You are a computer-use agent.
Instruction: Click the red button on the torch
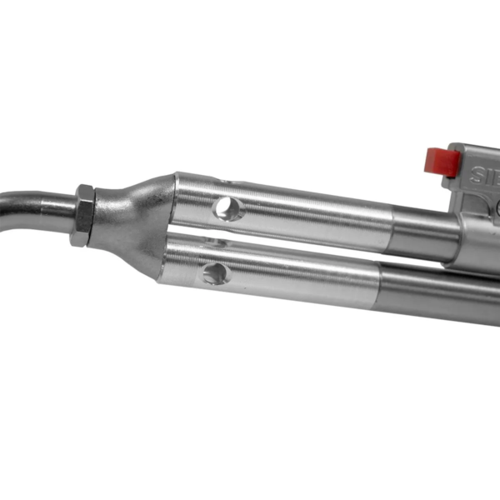point(442,161)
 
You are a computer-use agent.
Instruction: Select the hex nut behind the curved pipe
point(83,215)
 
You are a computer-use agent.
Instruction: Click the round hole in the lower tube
point(215,272)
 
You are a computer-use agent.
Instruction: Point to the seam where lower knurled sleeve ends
point(380,287)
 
